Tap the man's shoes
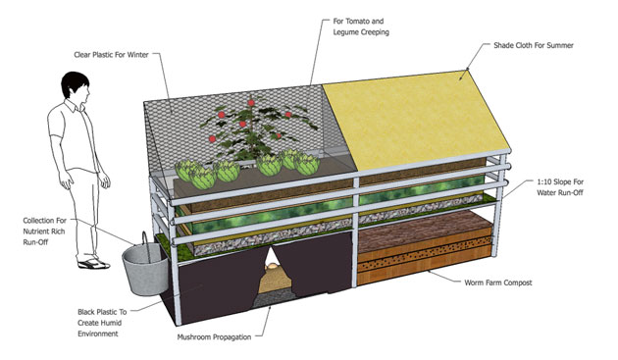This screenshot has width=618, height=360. pyautogui.click(x=89, y=263)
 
